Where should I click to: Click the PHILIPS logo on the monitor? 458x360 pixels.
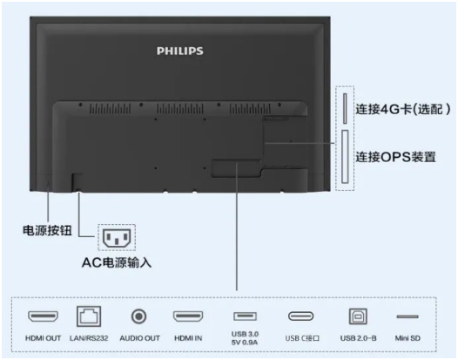point(180,51)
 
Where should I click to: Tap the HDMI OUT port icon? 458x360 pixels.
point(43,316)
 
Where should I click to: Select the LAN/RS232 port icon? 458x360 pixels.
point(89,316)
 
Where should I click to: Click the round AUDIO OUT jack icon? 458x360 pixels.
point(138,316)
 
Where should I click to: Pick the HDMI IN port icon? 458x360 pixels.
point(188,316)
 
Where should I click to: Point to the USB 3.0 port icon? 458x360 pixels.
point(245,316)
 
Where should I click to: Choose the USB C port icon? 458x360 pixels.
point(301,316)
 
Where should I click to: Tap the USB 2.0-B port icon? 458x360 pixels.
point(358,316)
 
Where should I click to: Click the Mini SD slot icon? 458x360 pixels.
point(407,316)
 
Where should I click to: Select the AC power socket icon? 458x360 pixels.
point(117,237)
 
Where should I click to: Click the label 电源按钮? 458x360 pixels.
point(47,230)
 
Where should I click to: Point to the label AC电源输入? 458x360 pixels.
point(117,262)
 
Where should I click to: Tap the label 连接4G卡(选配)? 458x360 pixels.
point(403,109)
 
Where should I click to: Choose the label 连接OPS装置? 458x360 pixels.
point(395,157)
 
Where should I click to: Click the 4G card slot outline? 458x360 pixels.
point(345,108)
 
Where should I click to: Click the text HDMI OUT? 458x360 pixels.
point(43,338)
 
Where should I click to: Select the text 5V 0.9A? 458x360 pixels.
point(245,343)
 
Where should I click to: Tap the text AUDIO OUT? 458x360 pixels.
point(139,338)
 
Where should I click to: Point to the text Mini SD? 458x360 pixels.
point(407,338)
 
